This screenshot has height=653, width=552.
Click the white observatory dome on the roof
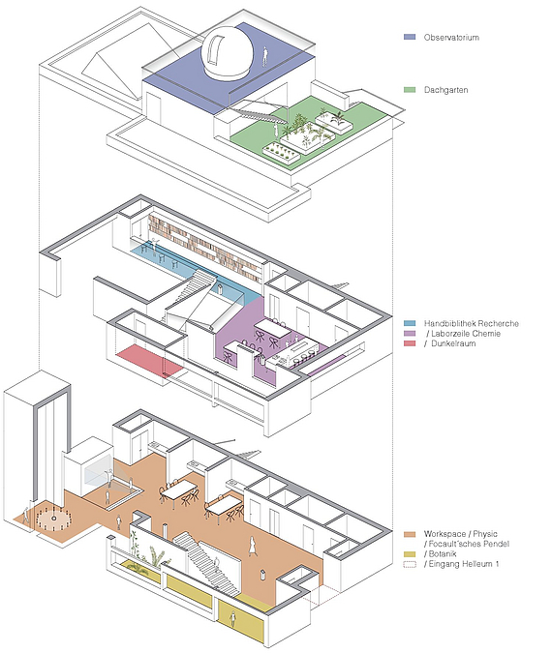(x=227, y=54)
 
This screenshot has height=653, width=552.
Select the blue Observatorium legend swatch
(x=410, y=37)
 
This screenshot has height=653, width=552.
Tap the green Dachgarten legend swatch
(x=410, y=90)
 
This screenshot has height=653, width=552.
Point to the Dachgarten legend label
(x=445, y=90)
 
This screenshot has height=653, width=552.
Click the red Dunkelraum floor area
(x=149, y=360)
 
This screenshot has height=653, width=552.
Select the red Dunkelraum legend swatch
(x=410, y=343)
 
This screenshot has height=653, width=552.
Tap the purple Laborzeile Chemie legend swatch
(x=410, y=334)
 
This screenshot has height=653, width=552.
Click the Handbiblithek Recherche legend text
(x=472, y=323)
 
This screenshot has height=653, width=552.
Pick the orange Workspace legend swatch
(x=410, y=534)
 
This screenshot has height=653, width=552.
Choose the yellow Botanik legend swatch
(x=410, y=554)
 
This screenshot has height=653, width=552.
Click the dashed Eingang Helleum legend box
(x=410, y=564)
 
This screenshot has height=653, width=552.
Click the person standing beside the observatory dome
(x=264, y=57)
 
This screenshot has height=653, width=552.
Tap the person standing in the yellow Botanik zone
(x=232, y=619)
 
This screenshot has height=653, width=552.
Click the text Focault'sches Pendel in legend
(x=466, y=544)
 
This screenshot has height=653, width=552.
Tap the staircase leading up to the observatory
(x=258, y=111)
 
